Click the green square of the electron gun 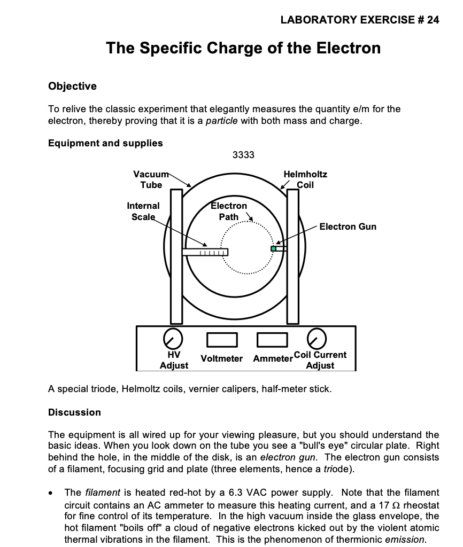(274, 248)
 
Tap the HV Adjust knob (172, 338)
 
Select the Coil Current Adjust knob (317, 338)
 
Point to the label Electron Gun (348, 226)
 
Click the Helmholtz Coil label (305, 179)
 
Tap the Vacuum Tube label (150, 179)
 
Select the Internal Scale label (143, 211)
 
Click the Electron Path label (229, 211)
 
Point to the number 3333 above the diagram (243, 155)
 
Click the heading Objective (72, 86)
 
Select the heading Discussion (74, 412)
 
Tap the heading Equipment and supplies (105, 143)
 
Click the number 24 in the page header (433, 20)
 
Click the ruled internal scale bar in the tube (205, 252)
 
